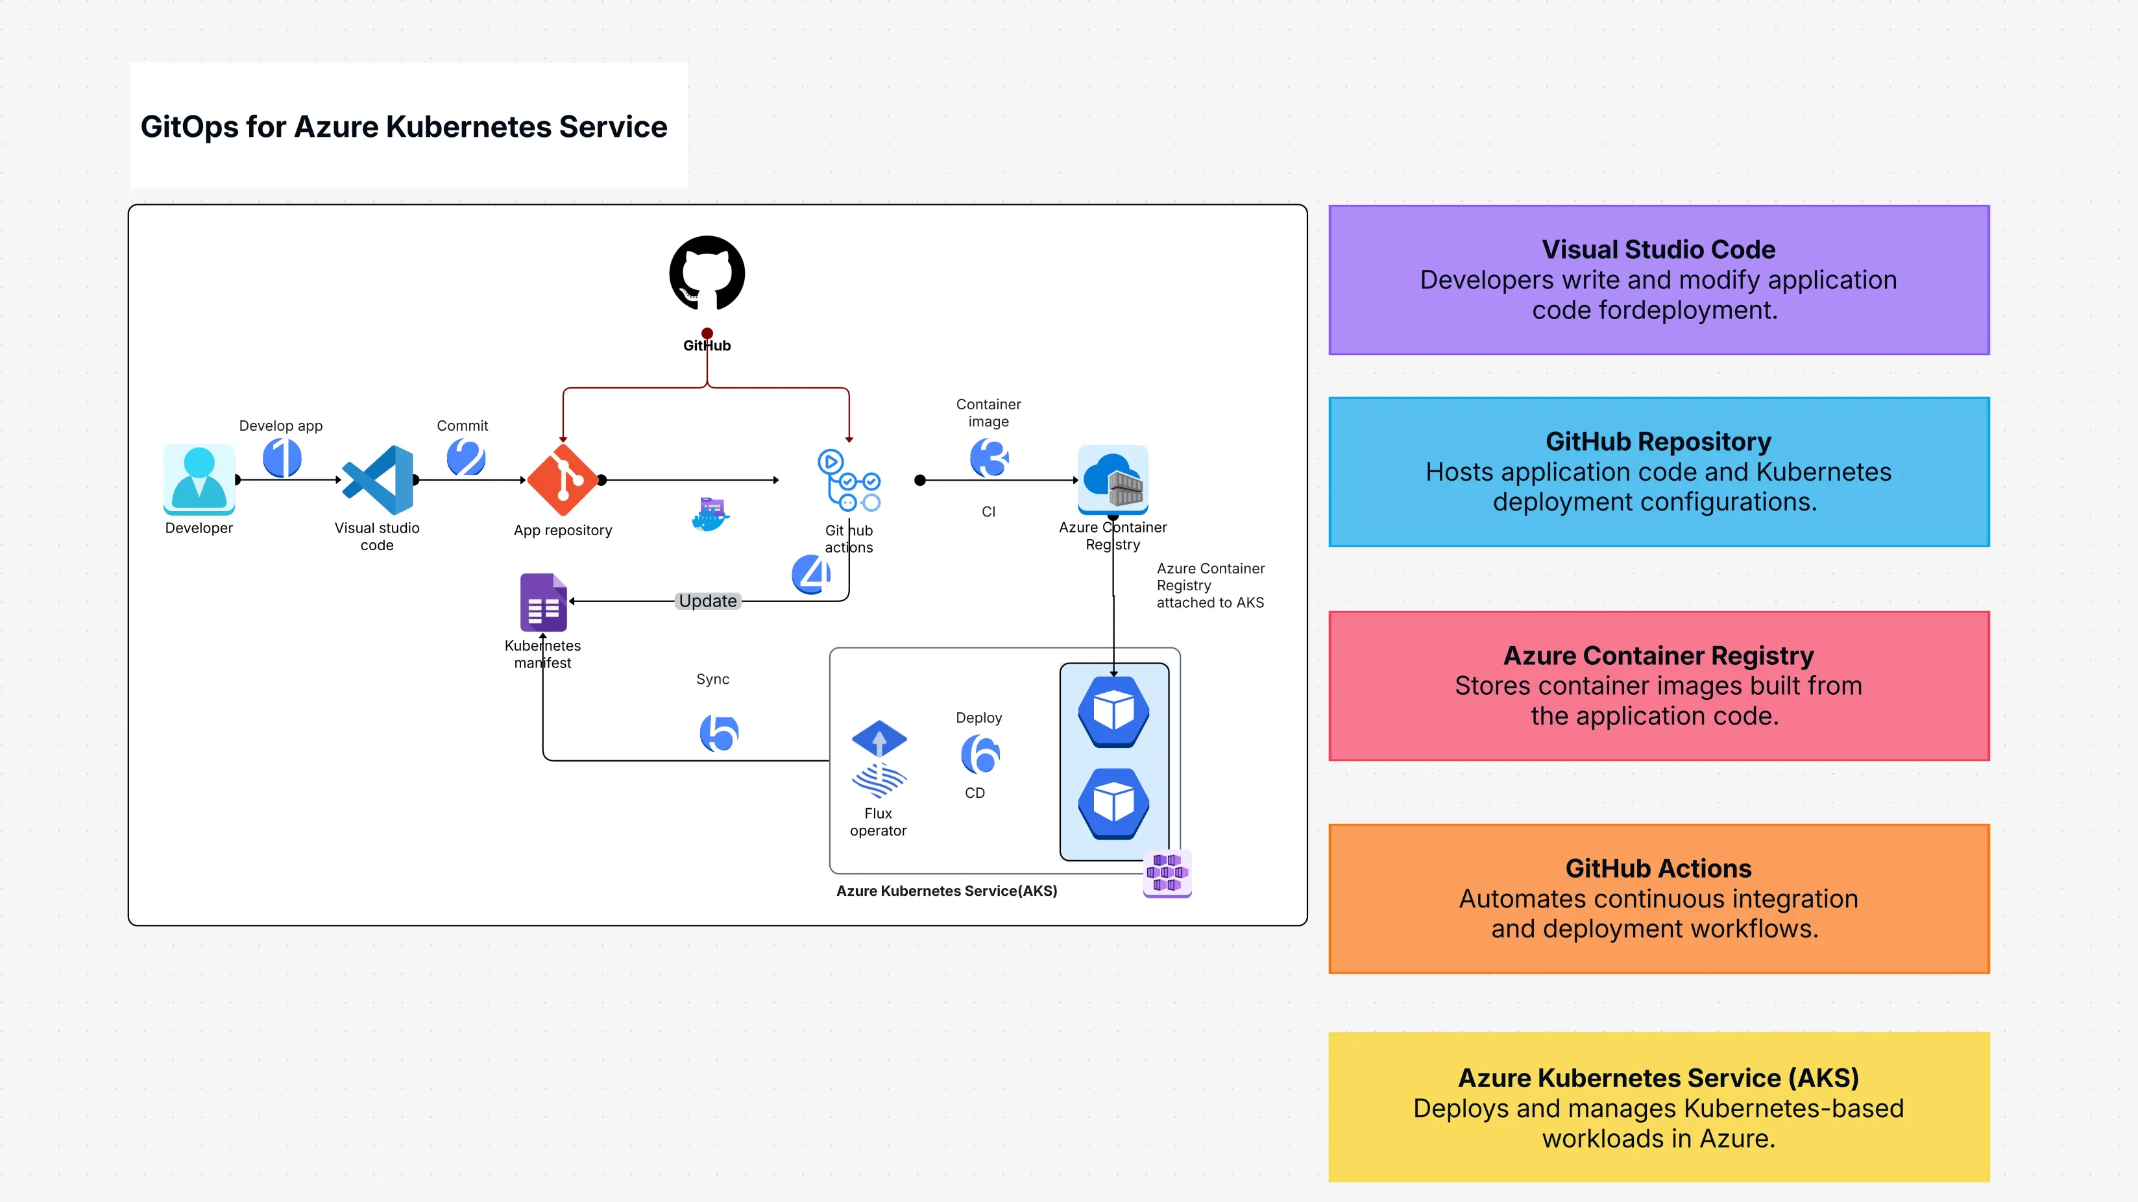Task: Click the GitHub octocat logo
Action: click(x=707, y=273)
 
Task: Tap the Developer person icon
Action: click(x=199, y=479)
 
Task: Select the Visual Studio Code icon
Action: click(x=378, y=479)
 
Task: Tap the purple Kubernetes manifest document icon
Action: click(x=544, y=603)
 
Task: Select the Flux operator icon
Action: click(x=879, y=758)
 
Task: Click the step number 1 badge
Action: click(x=282, y=458)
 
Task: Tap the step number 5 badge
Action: click(x=719, y=732)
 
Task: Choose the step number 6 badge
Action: click(x=980, y=754)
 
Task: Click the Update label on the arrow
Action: click(x=707, y=601)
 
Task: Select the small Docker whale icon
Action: click(x=711, y=514)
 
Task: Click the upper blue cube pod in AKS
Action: click(x=1114, y=712)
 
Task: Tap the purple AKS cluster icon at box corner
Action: click(x=1167, y=872)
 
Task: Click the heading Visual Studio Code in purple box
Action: click(x=1658, y=250)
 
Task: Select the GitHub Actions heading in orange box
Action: click(x=1658, y=869)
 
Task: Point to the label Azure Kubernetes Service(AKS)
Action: click(x=946, y=891)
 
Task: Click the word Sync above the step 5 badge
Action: click(x=712, y=679)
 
